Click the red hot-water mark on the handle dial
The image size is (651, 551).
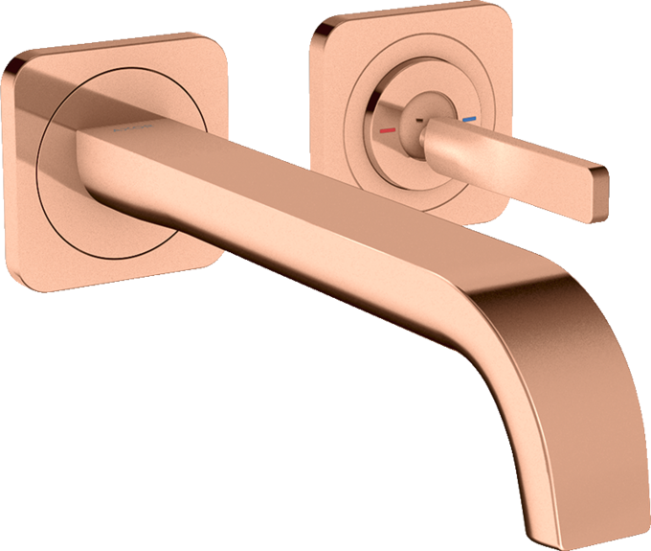point(387,127)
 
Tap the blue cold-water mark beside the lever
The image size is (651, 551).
point(467,121)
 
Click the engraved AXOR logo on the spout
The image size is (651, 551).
point(138,126)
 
